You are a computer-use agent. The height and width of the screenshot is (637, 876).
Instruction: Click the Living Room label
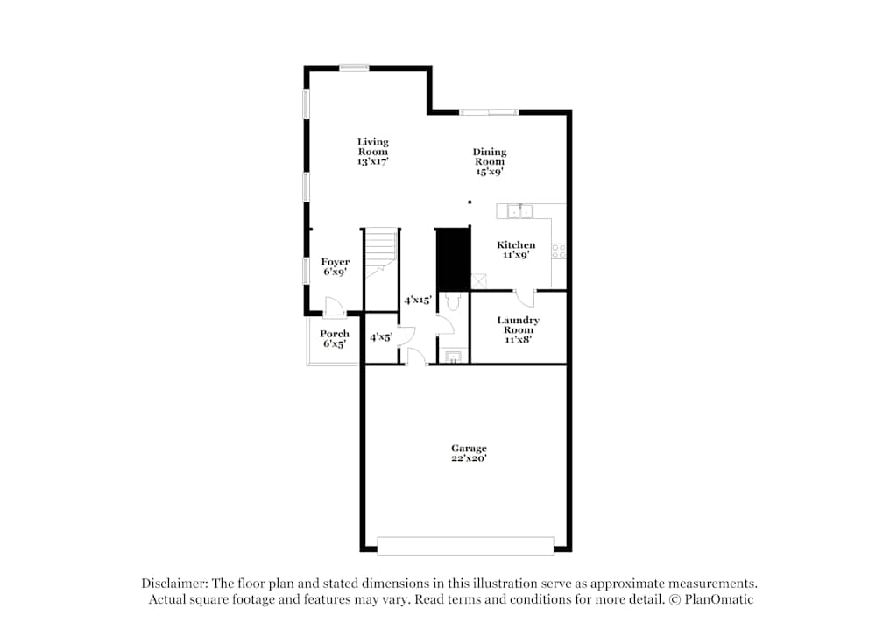point(373,146)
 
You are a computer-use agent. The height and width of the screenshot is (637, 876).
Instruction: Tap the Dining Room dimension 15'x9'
point(490,172)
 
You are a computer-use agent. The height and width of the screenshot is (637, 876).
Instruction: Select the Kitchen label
point(516,244)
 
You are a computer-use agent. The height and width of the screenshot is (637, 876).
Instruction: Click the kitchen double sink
point(520,211)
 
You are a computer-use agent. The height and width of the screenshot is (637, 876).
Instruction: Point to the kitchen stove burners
point(559,251)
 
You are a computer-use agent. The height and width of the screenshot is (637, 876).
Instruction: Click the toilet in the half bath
point(453,301)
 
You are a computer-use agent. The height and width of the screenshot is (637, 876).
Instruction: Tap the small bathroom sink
point(453,357)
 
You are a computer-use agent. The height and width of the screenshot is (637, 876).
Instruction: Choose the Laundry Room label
point(519,325)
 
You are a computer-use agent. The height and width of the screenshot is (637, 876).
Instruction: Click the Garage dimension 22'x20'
point(469,457)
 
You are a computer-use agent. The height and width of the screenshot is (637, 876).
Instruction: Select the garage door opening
point(465,546)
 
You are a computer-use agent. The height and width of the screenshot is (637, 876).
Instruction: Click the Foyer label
point(336,261)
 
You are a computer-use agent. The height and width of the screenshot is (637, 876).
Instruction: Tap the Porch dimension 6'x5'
point(334,343)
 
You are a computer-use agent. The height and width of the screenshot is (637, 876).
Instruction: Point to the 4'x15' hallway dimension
point(418,300)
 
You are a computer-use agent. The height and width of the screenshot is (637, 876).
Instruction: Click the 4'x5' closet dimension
point(381,337)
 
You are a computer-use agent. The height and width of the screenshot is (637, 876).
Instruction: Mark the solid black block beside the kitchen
point(453,259)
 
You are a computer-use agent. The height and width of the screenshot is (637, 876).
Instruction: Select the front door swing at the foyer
point(335,307)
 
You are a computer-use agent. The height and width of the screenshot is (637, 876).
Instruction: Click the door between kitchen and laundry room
point(524,298)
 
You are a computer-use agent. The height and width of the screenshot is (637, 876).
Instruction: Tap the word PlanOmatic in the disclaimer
point(718,599)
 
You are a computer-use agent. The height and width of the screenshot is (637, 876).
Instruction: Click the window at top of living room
point(354,67)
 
